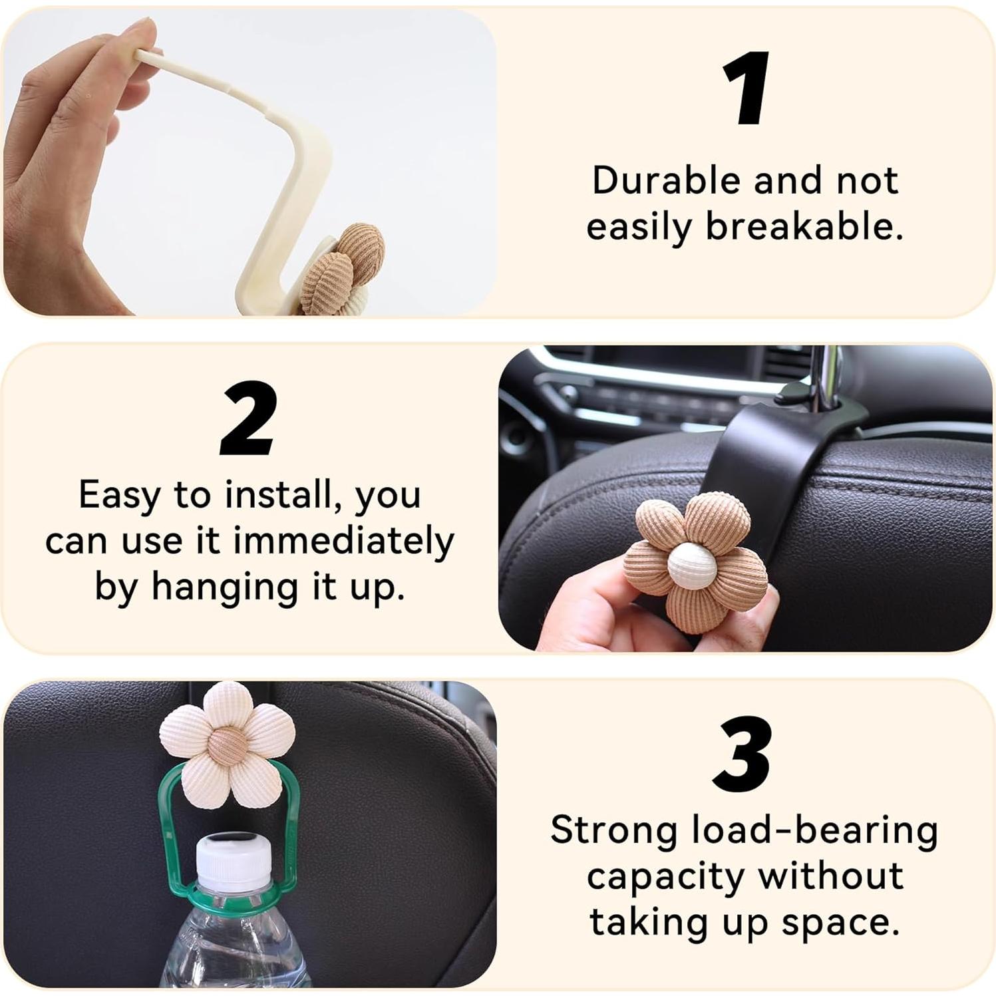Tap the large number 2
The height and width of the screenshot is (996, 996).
pyautogui.click(x=248, y=419)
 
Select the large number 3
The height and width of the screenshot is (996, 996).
pyautogui.click(x=743, y=754)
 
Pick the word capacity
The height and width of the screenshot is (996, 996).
pyautogui.click(x=665, y=877)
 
